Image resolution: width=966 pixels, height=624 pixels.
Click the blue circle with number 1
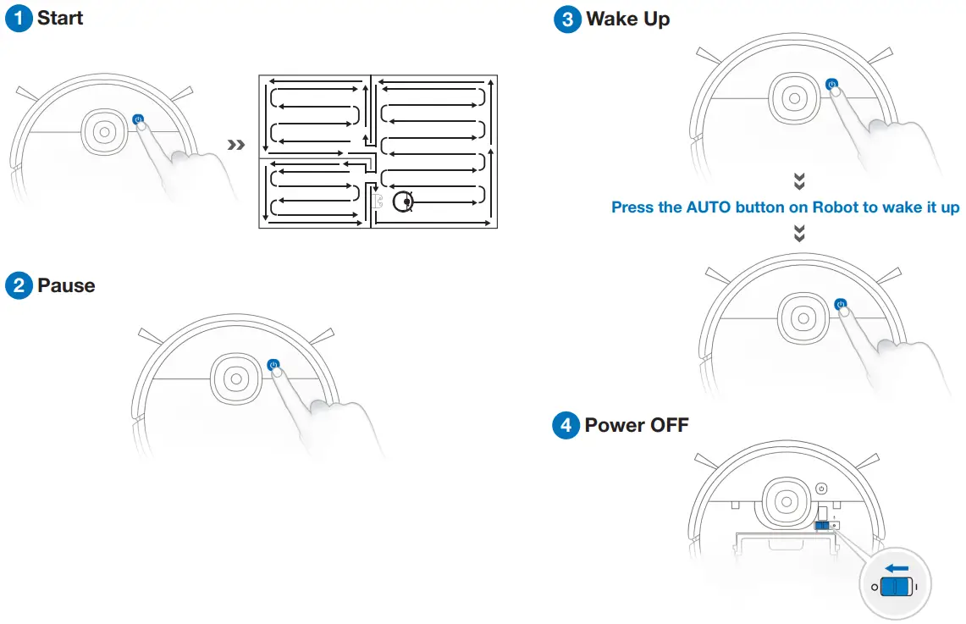19,19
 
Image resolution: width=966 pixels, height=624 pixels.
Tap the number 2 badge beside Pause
19,285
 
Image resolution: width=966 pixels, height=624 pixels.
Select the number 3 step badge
567,19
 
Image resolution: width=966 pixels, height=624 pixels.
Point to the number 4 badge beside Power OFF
566,425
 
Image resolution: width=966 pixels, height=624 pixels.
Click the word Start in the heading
60,19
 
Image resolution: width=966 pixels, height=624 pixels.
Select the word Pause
66,285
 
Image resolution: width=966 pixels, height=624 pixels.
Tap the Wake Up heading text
627,19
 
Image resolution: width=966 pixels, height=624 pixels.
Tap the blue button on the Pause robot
273,365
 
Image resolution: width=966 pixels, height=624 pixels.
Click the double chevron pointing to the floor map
237,146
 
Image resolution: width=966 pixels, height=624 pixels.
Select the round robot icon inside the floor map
405,202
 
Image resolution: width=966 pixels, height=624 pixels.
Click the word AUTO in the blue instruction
709,207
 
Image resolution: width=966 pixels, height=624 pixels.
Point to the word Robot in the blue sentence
836,207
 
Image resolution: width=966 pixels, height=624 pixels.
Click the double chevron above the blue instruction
799,181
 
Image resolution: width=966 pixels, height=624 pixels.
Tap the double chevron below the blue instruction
799,234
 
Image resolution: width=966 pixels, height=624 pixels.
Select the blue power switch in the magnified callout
895,587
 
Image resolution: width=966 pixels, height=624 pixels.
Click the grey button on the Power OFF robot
820,489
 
